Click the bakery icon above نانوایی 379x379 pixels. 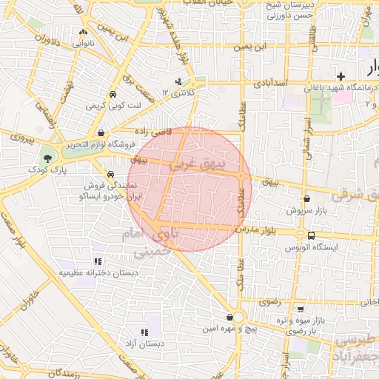click(x=82, y=33)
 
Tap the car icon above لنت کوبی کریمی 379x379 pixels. click(x=112, y=95)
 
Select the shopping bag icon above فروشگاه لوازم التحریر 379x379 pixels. click(x=100, y=133)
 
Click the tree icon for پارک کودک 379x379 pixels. click(x=48, y=158)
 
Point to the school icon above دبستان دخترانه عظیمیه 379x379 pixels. click(x=98, y=261)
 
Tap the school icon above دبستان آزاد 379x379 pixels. click(x=144, y=332)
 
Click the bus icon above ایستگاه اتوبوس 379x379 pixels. click(x=311, y=235)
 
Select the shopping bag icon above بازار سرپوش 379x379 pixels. click(x=306, y=198)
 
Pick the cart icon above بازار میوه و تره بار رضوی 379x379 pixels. click(x=300, y=309)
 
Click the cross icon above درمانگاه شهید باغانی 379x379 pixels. click(x=340, y=76)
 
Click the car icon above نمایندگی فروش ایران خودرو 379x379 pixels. click(x=110, y=175)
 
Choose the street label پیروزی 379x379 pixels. click(x=22, y=138)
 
